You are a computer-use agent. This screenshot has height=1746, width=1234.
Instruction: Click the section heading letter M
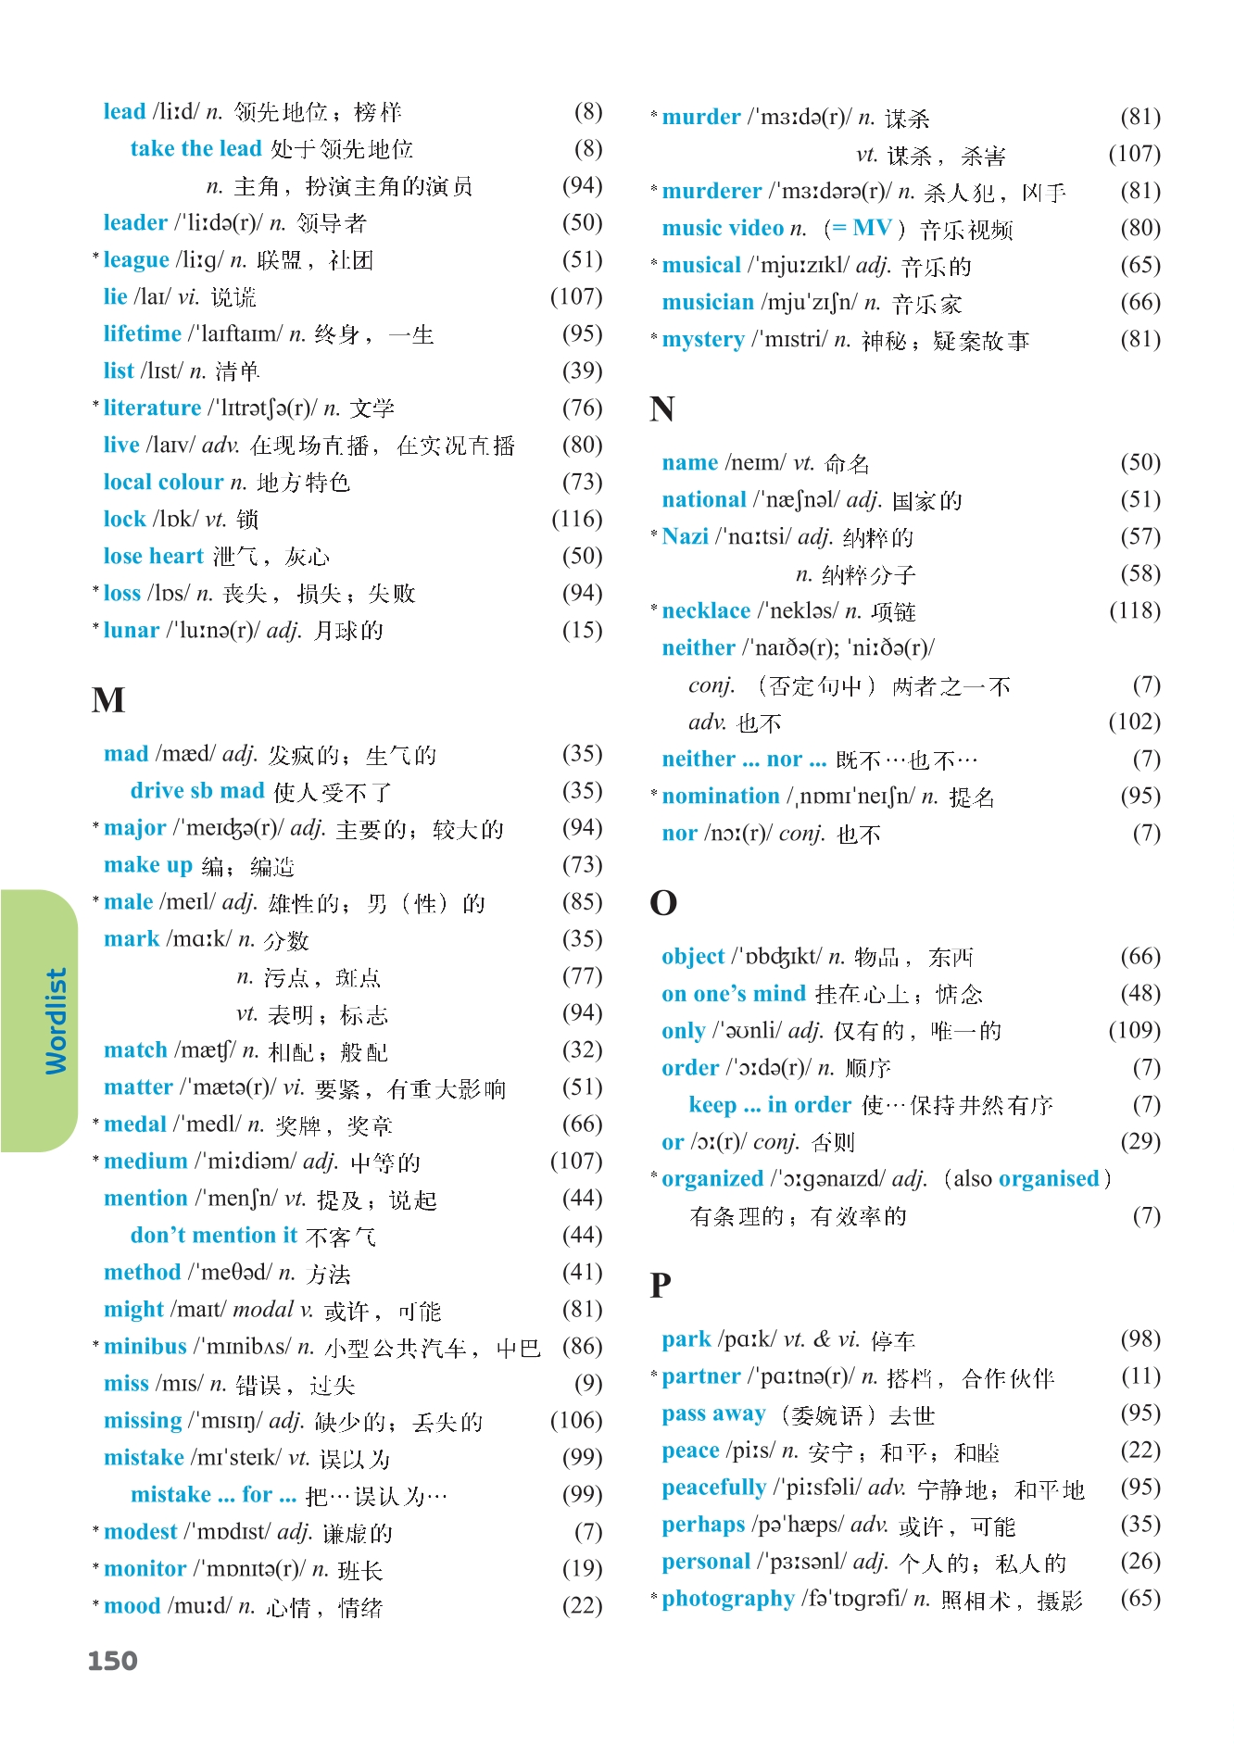click(x=108, y=699)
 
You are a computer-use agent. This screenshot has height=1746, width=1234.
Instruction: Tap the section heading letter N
click(x=662, y=408)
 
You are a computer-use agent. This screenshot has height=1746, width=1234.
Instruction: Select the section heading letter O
click(x=663, y=902)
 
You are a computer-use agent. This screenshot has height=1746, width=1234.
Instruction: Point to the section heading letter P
click(x=661, y=1285)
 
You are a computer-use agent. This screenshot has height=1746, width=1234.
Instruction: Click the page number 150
click(x=112, y=1661)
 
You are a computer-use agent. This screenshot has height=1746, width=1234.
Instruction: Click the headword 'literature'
click(x=152, y=408)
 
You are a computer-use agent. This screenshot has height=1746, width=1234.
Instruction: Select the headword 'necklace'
click(x=706, y=610)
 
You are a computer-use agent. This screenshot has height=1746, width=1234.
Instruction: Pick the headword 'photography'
click(x=728, y=1598)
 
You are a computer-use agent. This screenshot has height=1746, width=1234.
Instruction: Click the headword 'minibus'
click(x=145, y=1346)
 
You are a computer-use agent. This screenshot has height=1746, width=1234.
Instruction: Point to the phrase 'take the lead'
click(x=195, y=148)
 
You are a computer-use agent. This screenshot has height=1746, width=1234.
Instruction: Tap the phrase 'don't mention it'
click(x=214, y=1235)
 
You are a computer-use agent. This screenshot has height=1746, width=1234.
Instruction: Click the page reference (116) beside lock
click(x=576, y=519)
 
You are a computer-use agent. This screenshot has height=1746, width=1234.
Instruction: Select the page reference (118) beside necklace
click(x=1134, y=610)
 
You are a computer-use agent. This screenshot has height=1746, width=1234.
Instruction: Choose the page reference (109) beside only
click(x=1134, y=1030)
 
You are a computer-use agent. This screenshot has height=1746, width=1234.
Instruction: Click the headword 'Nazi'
click(x=685, y=536)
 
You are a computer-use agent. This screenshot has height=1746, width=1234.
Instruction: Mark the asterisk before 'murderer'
click(x=654, y=189)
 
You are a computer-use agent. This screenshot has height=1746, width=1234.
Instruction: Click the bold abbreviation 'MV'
click(x=872, y=228)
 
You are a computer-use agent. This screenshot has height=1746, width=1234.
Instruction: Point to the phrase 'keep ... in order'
click(x=769, y=1104)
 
